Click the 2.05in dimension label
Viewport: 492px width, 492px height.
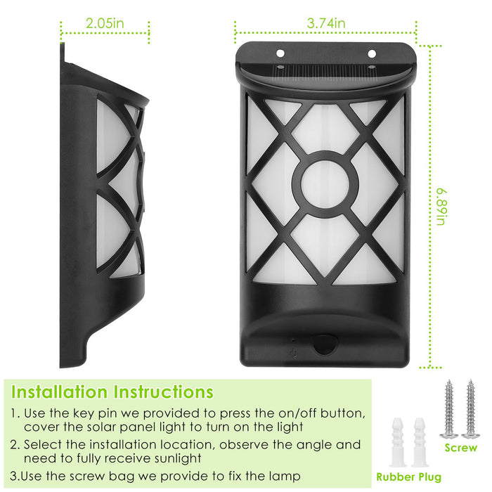pyautogui.click(x=105, y=23)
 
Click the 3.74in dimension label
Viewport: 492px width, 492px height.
pyautogui.click(x=326, y=23)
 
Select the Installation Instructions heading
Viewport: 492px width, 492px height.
pyautogui.click(x=112, y=391)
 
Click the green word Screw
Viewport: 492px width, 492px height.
pyautogui.click(x=461, y=448)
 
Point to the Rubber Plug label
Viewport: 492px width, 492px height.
pyautogui.click(x=409, y=477)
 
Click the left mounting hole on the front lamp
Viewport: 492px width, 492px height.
pyautogui.click(x=280, y=53)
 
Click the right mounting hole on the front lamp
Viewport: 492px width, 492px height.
pyautogui.click(x=372, y=53)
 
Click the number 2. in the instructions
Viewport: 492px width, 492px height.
pyautogui.click(x=15, y=445)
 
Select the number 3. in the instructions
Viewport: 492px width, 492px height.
pyautogui.click(x=15, y=476)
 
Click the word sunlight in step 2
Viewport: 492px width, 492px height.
pyautogui.click(x=169, y=458)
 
